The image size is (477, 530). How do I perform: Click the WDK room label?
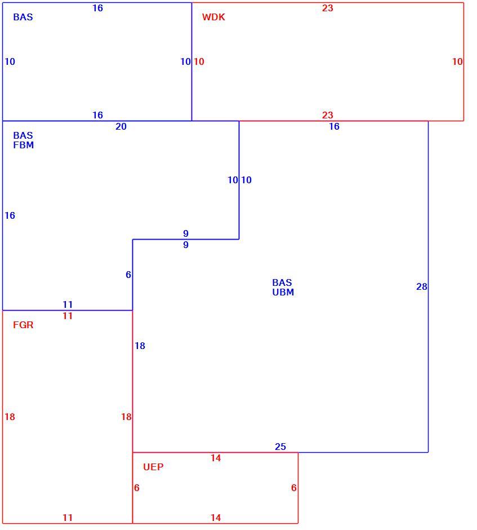coord(213,17)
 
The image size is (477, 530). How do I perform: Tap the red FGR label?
coord(23,325)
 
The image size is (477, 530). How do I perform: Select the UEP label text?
coord(153,467)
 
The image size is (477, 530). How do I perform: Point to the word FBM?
coord(23,145)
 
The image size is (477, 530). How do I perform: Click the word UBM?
coord(283,293)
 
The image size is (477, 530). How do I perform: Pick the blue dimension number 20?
coord(121,126)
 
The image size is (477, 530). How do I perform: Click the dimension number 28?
coord(422,286)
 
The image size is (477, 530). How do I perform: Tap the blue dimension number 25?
coord(280,447)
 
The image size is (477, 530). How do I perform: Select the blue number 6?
coord(128,275)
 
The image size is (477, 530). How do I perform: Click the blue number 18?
coord(140,346)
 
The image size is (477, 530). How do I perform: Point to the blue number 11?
coord(68,304)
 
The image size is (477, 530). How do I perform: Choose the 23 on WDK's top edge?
coord(327,8)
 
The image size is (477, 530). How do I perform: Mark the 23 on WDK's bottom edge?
coord(327,115)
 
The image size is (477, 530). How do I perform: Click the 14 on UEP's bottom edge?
coord(216,518)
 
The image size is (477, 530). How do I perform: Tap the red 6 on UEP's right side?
coord(294,488)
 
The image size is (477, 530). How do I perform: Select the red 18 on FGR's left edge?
coord(10,417)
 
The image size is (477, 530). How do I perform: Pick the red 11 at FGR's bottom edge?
coord(68,518)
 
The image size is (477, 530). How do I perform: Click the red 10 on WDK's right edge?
coord(457,61)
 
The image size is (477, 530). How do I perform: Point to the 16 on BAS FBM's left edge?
coord(10,215)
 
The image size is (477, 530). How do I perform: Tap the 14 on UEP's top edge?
coord(216,458)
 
